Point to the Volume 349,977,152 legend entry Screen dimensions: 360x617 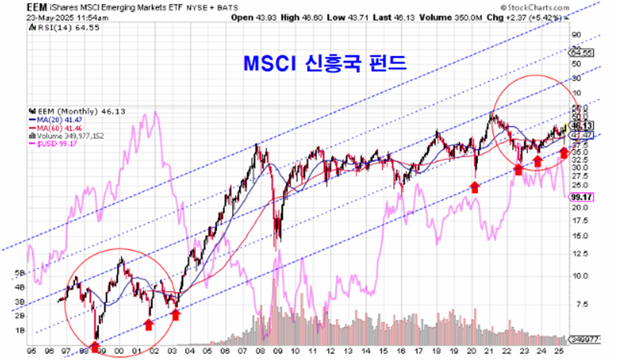pyautogui.click(x=70, y=135)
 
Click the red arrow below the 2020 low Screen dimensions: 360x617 pyautogui.click(x=474, y=187)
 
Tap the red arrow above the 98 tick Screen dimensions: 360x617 pyautogui.click(x=95, y=346)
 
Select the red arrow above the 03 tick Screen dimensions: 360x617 pyautogui.click(x=175, y=315)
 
